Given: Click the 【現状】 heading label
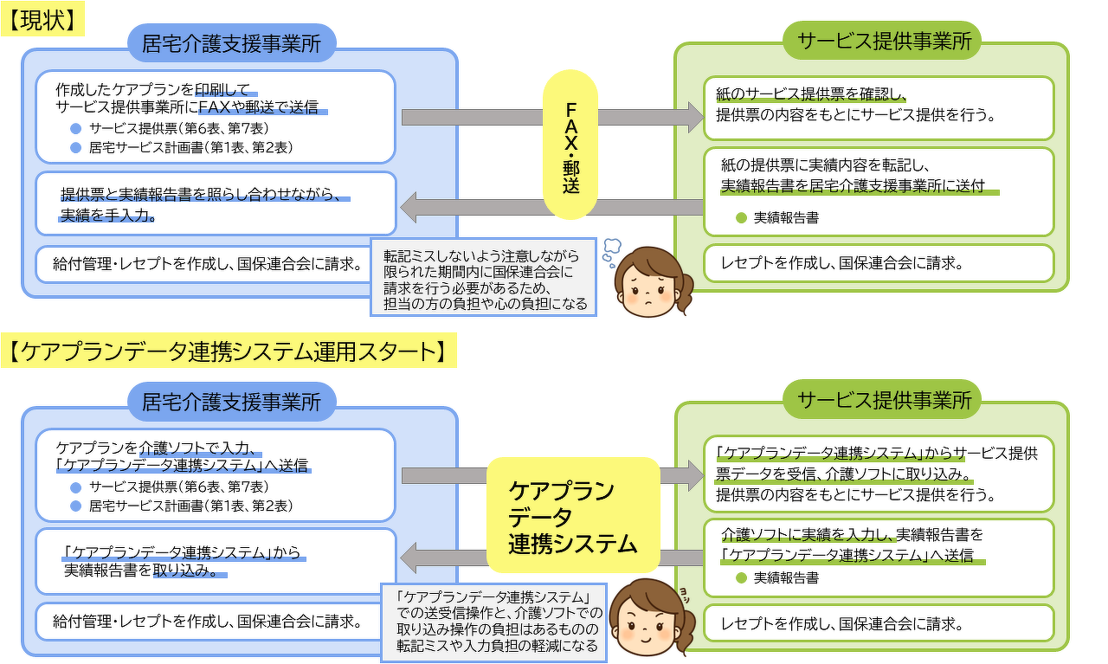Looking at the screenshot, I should pos(42,20).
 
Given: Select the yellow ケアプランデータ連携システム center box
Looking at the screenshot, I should pos(572,516).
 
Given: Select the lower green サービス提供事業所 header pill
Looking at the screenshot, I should pos(882,400).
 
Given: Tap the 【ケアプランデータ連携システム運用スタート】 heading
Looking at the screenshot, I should pos(229,352).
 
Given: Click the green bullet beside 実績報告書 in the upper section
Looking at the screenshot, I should pos(741,218).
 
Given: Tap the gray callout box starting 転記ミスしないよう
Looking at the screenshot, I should pos(483,277).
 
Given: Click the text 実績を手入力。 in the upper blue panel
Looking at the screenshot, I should pos(107,216).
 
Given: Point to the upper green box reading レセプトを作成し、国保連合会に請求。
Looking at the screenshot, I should pos(879,263).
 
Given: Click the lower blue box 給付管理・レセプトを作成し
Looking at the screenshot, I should pos(208,622).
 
